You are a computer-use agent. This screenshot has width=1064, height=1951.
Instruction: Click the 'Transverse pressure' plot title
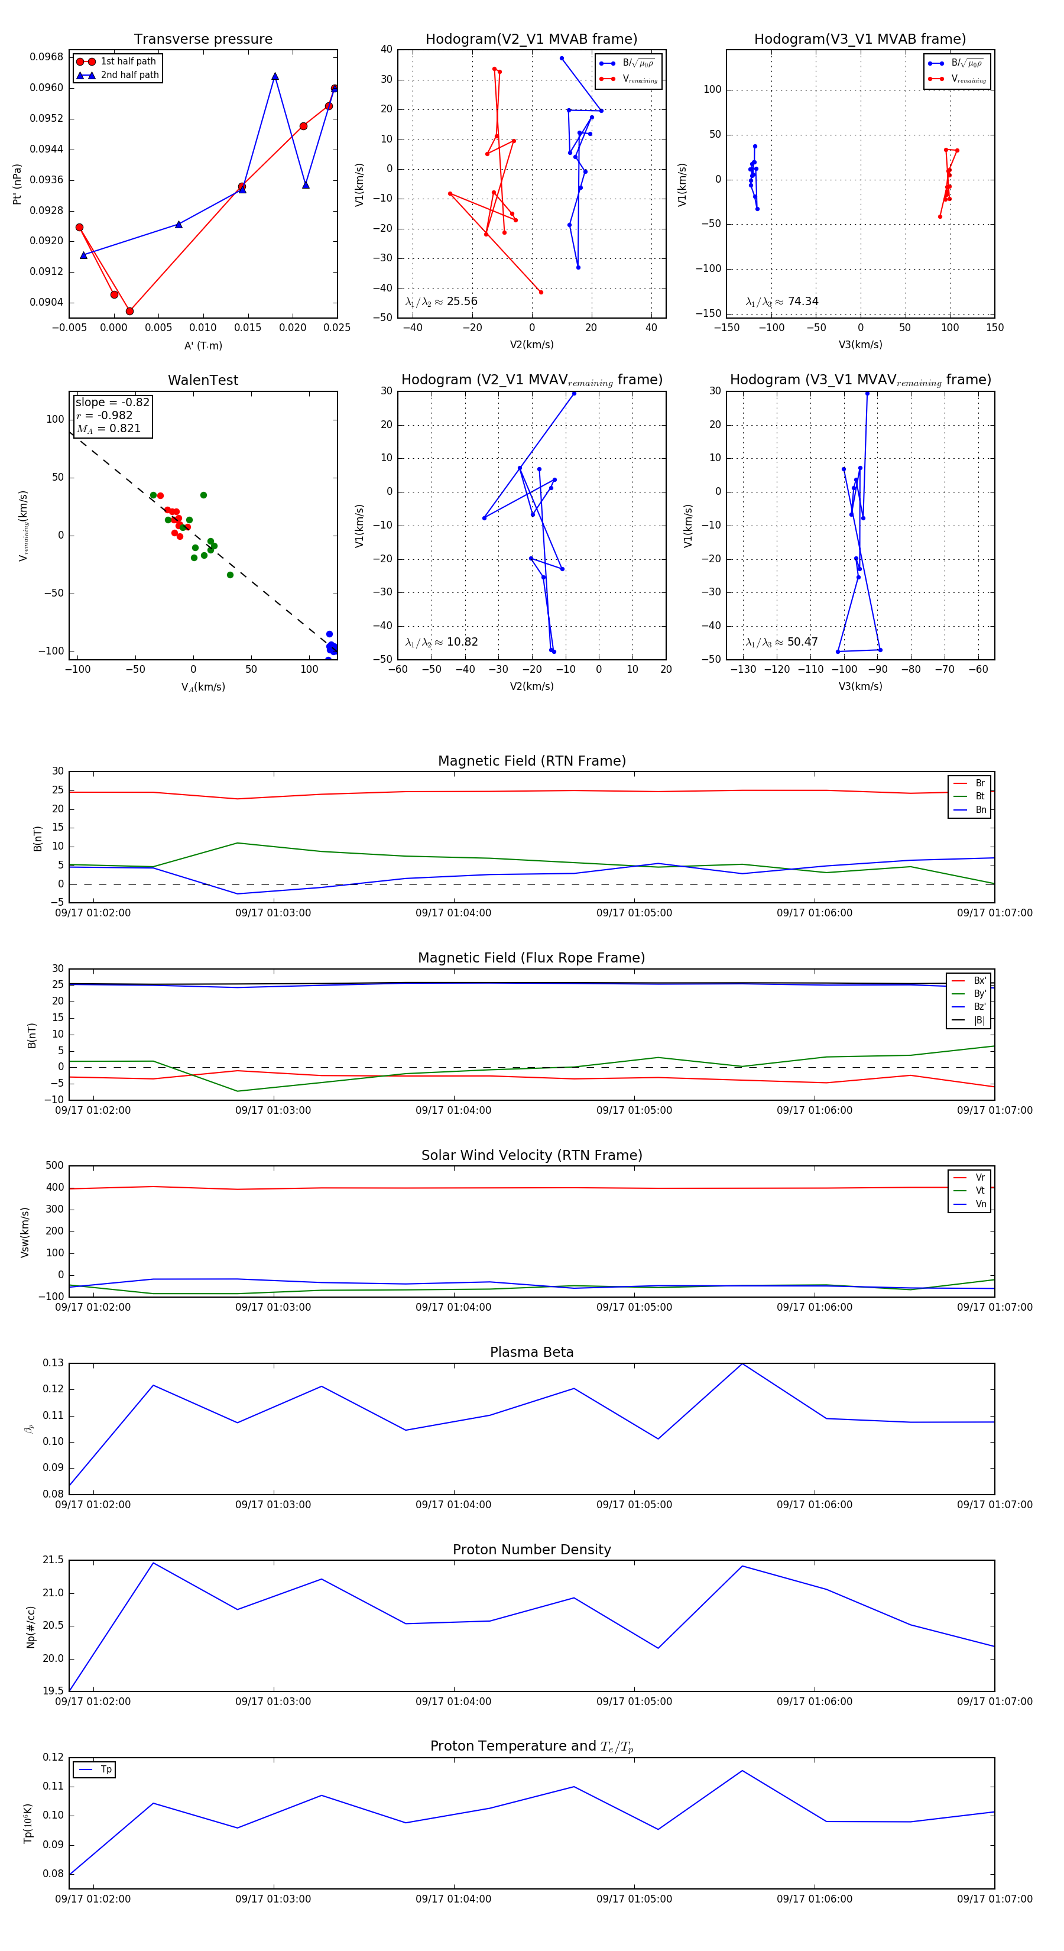pos(203,40)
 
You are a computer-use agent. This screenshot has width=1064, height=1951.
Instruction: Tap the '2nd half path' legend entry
pos(129,75)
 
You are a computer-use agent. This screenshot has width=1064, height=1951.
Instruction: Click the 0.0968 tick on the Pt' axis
pos(47,57)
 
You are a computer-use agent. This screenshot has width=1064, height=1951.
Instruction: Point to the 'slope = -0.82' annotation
pos(112,402)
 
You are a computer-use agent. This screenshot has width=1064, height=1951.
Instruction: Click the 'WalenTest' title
pos(203,380)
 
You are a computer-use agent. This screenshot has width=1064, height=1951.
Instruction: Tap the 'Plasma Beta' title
pos(531,1352)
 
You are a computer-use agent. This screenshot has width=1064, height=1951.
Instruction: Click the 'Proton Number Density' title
pos(531,1550)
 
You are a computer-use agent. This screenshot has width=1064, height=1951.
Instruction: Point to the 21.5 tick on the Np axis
pos(53,1560)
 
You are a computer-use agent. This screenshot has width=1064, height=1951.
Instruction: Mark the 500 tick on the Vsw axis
pos(54,1166)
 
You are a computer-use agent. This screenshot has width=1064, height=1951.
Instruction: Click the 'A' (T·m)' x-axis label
pos(203,345)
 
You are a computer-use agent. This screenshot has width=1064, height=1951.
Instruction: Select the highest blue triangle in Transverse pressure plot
pos(275,76)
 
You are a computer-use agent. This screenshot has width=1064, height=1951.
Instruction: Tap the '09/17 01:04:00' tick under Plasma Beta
pos(453,1505)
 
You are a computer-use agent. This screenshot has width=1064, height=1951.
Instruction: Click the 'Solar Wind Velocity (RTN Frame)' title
pos(531,1155)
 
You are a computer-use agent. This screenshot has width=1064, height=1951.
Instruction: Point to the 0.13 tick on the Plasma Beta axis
pos(53,1363)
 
